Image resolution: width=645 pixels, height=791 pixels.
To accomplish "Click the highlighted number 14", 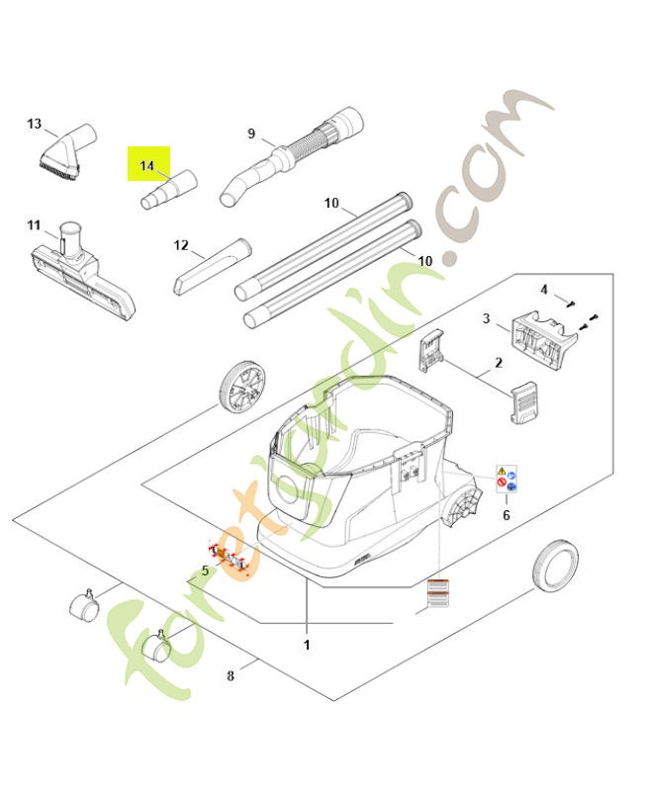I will [x=147, y=165].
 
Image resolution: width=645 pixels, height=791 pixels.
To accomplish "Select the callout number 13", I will [x=35, y=124].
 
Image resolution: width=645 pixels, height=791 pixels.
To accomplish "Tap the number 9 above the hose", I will [x=251, y=133].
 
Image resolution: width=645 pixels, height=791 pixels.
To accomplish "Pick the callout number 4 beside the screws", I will [x=543, y=289].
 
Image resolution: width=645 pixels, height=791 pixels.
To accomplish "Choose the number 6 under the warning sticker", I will [x=507, y=514].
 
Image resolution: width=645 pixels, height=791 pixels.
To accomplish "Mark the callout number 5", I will [x=205, y=570].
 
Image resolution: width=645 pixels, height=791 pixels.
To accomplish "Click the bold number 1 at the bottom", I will [x=307, y=645].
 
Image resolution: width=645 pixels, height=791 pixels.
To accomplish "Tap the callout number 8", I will [x=230, y=676].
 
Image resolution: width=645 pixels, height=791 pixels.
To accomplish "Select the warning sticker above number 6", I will [x=508, y=479].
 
